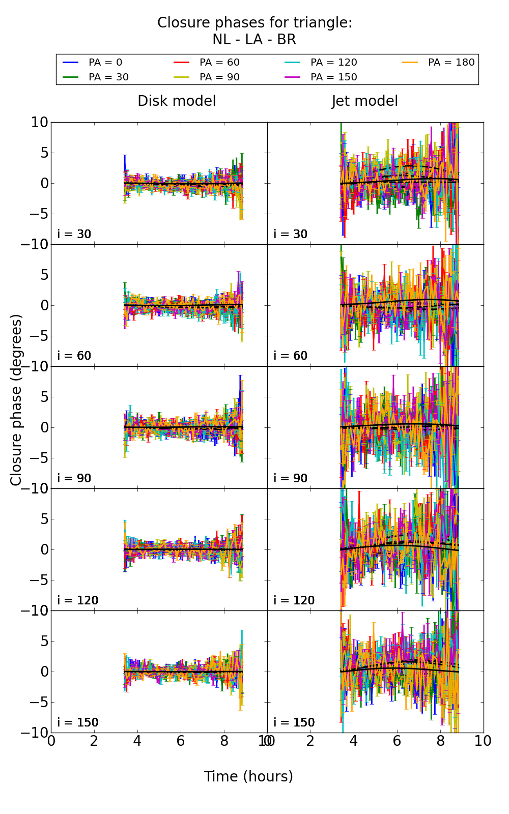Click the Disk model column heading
pyautogui.click(x=177, y=101)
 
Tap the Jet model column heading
pyautogui.click(x=364, y=101)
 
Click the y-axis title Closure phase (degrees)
pyautogui.click(x=16, y=400)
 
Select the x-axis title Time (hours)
pyautogui.click(x=248, y=776)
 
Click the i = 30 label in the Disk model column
pyautogui.click(x=74, y=234)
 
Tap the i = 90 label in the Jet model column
pyautogui.click(x=291, y=478)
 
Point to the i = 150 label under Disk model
pyautogui.click(x=78, y=722)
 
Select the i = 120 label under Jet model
pyautogui.click(x=294, y=600)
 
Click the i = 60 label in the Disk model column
pyautogui.click(x=74, y=356)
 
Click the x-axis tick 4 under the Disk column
pyautogui.click(x=137, y=741)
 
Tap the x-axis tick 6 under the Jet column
pyautogui.click(x=397, y=741)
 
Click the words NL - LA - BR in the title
pyautogui.click(x=254, y=40)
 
